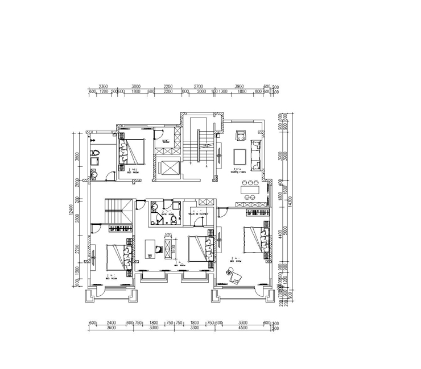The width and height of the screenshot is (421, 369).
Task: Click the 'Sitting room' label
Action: [x=237, y=170]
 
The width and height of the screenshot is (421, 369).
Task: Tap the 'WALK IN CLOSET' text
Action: [x=198, y=214]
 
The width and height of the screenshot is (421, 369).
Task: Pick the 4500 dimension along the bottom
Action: [x=242, y=328]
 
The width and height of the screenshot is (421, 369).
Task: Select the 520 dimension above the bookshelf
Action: [x=168, y=234]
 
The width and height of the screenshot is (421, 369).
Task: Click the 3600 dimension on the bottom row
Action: [x=111, y=328]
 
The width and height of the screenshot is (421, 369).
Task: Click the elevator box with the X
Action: [x=170, y=168]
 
